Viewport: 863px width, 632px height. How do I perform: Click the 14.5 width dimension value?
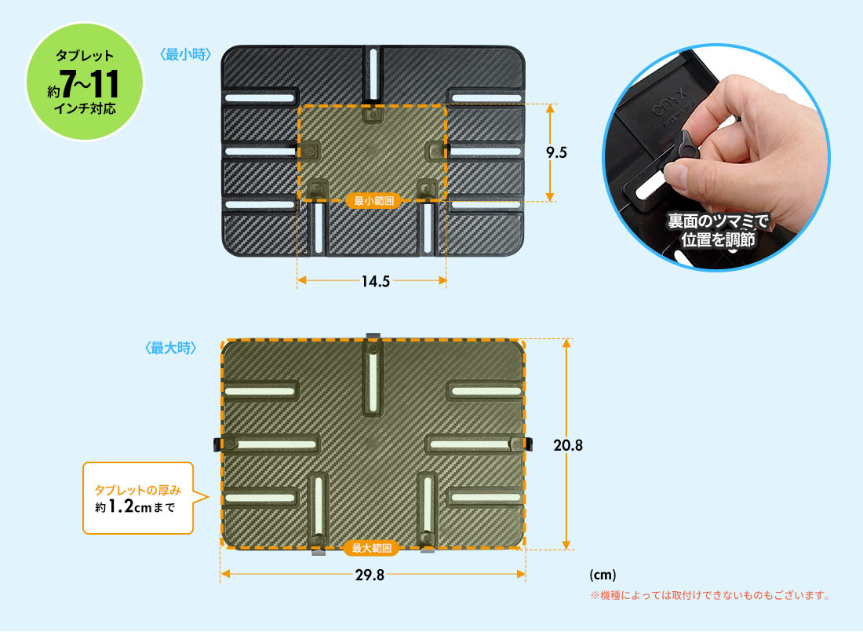tap(375, 281)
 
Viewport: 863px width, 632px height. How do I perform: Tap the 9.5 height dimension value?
tap(556, 152)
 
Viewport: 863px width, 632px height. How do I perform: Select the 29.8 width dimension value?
tap(370, 575)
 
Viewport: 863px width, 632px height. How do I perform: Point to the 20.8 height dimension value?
tap(568, 444)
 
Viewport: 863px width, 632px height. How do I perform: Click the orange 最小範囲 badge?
tap(373, 200)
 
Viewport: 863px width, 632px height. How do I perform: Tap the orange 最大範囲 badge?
tap(372, 548)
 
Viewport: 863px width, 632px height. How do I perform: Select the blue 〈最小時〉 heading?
tap(186, 54)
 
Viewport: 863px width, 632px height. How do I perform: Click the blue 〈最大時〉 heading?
tap(170, 348)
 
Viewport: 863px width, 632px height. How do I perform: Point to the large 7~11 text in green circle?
tap(89, 84)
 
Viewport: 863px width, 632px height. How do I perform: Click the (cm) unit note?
tap(603, 575)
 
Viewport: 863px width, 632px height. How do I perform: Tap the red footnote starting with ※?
tap(709, 595)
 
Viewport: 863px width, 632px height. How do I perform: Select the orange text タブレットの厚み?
tap(137, 490)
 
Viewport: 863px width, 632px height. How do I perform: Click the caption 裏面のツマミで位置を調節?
tap(718, 230)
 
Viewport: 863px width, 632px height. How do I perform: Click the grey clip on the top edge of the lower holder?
tap(373, 336)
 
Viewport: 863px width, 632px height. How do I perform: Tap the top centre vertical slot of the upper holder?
tap(373, 73)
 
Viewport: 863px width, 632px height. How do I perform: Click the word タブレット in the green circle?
tap(85, 56)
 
